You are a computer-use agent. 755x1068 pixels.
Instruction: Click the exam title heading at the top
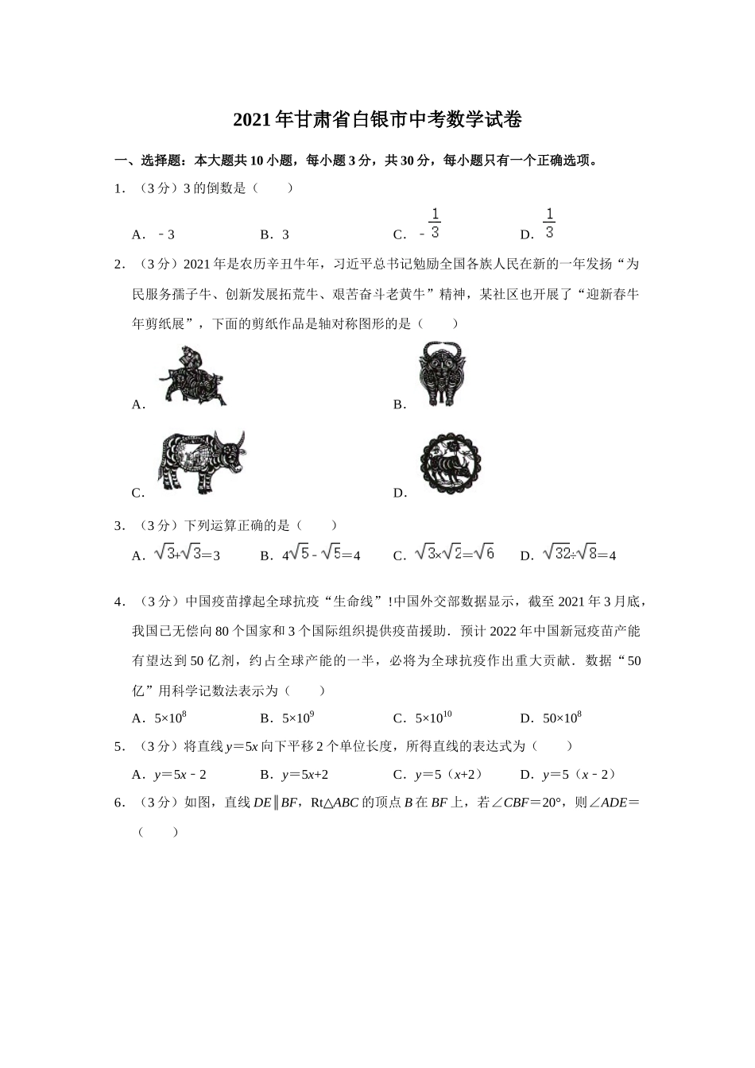[377, 121]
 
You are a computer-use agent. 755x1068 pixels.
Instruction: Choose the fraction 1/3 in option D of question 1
[548, 223]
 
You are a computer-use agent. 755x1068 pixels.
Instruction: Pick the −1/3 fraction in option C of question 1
[430, 224]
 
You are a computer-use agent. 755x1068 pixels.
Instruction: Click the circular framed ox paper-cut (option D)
[451, 462]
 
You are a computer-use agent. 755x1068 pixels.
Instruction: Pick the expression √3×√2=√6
[454, 554]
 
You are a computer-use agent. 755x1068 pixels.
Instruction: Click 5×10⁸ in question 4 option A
[170, 718]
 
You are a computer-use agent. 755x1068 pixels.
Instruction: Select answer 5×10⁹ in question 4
[298, 718]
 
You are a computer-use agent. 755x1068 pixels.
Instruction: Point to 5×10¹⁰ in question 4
[433, 718]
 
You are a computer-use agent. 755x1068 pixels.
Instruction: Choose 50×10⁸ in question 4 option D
[562, 718]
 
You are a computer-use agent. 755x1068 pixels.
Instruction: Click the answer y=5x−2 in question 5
[180, 775]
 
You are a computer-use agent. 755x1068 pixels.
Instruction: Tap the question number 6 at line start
[119, 803]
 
